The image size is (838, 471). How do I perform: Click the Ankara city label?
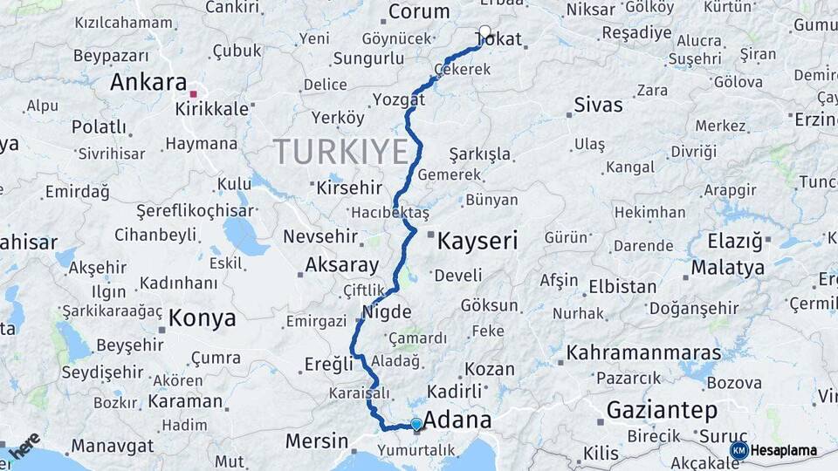pos(148,83)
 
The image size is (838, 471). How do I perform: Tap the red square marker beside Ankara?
pos(194,93)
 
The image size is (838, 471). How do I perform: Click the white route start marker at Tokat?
pos(484,31)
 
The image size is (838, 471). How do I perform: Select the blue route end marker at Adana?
pos(416,425)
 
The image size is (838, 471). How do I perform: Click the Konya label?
pos(202,318)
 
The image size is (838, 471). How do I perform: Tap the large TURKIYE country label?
pos(341,152)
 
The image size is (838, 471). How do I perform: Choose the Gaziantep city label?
pos(662,409)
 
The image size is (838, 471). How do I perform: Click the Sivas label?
pos(599,106)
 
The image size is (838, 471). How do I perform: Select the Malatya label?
pos(727,267)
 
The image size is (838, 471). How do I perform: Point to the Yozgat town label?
pos(398,99)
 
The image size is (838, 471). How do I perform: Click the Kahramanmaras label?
pos(644,353)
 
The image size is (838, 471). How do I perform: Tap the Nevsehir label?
pos(320,236)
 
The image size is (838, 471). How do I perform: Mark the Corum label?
pos(418,11)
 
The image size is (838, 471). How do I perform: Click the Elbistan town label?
pos(622,286)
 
